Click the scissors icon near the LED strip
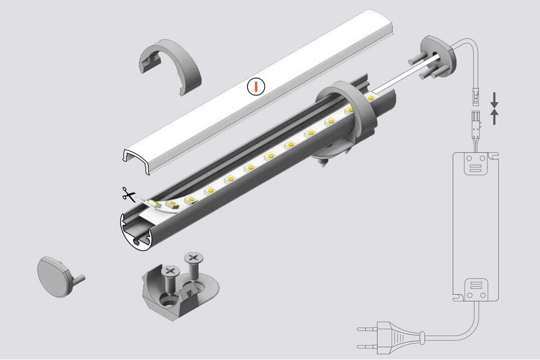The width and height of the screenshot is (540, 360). tap(128, 193)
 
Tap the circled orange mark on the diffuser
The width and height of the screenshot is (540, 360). tap(256, 86)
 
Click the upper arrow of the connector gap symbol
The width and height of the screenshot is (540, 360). tap(494, 98)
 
